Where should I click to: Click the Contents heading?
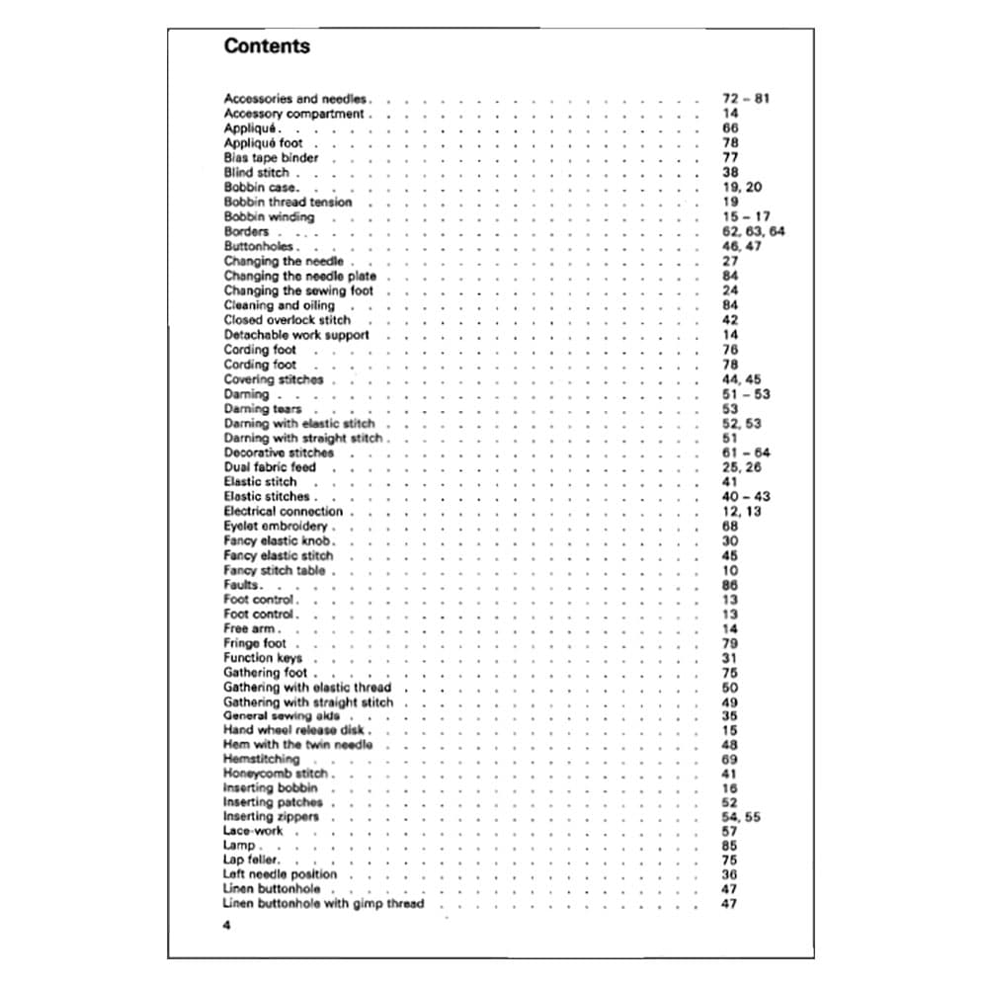pos(267,46)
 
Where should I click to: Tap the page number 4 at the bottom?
pos(227,926)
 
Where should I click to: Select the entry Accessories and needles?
pos(295,99)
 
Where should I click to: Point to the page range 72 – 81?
pos(746,99)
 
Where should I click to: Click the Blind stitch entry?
pos(257,172)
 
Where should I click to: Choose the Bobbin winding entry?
pos(269,216)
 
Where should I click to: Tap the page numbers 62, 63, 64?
pos(754,231)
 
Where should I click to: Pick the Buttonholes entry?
pos(259,246)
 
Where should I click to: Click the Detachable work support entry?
pos(296,335)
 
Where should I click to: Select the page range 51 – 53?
pos(746,394)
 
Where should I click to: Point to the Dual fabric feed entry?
pos(270,467)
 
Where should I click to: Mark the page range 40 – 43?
pos(746,496)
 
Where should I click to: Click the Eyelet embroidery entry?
pos(276,526)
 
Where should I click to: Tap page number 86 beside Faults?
pos(730,585)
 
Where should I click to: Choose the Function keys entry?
pos(263,658)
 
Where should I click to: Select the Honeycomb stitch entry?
pos(276,774)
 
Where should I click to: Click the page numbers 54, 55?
pos(741,817)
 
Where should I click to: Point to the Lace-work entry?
pos(253,831)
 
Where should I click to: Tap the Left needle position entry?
pos(280,874)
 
